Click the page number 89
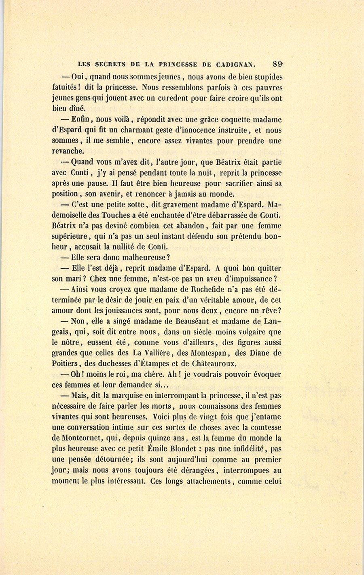pyautogui.click(x=277, y=63)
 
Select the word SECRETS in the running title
pyautogui.click(x=110, y=64)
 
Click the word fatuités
pyautogui.click(x=66, y=88)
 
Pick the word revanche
pyautogui.click(x=68, y=151)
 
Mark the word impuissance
pyautogui.click(x=251, y=279)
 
